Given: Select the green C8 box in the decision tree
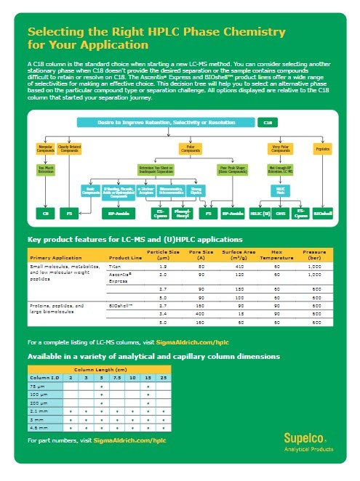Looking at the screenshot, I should point(44,214).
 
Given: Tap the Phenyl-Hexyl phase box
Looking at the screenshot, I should point(183,214).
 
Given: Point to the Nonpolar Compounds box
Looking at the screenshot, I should point(45,149).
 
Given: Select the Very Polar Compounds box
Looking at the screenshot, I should point(280,149).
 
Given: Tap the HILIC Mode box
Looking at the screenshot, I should point(280,190).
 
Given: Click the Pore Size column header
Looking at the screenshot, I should point(196,255).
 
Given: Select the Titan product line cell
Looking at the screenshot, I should point(115,267).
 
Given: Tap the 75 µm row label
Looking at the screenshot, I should point(36,386).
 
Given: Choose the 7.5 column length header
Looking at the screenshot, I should point(116,378).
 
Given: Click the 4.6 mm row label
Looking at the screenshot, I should point(37,428).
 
